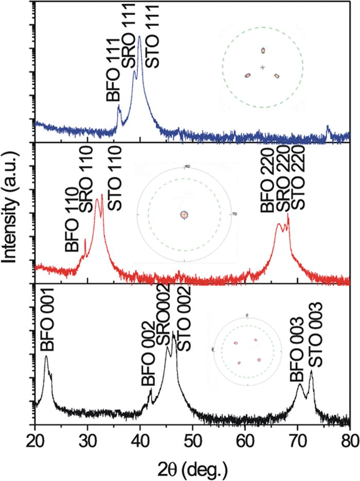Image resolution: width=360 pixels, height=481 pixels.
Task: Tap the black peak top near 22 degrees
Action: pos(46,356)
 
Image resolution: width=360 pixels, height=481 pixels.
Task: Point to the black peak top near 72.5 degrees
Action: pos(311,371)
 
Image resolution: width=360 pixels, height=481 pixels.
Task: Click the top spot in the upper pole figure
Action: pos(263,50)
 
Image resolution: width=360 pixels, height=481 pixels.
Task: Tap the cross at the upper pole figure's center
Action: pos(263,67)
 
